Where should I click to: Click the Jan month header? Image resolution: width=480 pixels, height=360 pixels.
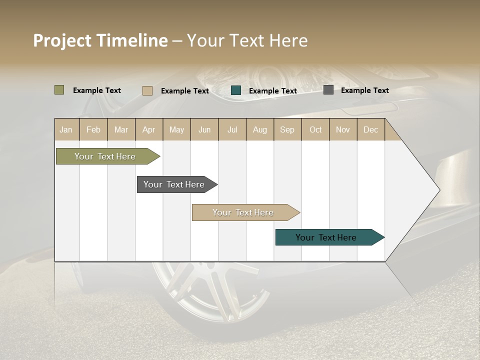point(66,129)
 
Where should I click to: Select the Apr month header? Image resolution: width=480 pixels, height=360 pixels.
point(149,129)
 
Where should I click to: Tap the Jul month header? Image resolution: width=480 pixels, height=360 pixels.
point(232,129)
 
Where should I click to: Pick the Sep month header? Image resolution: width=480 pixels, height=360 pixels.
point(287,129)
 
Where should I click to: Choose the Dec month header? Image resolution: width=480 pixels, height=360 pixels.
point(370,129)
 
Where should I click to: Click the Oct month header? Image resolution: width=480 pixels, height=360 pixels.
point(315,129)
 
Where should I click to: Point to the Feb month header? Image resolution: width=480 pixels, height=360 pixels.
point(93,129)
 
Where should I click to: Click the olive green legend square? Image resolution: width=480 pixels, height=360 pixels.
point(59,90)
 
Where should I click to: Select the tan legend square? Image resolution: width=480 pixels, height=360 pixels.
point(147,90)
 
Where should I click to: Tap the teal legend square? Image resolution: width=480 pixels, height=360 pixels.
point(236,90)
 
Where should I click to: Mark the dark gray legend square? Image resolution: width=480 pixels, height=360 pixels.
point(328,90)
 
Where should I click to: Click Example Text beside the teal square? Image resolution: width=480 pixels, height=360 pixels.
point(272,90)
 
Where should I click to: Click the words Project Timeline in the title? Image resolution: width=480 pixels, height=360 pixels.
point(100,40)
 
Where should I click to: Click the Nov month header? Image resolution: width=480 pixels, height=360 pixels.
point(343,129)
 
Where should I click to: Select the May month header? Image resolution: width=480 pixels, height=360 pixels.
point(176,129)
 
